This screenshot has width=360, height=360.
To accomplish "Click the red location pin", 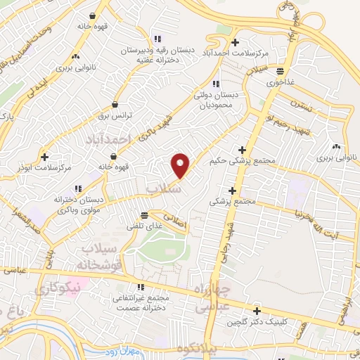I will click(181, 166).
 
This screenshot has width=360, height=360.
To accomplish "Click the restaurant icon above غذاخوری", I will click(280, 70).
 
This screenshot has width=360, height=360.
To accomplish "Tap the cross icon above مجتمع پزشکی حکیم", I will click(243, 150).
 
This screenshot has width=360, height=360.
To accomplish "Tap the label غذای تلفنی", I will click(143, 227).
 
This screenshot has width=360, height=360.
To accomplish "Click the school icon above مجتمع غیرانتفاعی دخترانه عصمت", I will click(140, 287).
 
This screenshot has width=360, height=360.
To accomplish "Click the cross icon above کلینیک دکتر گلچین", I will click(257, 311).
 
